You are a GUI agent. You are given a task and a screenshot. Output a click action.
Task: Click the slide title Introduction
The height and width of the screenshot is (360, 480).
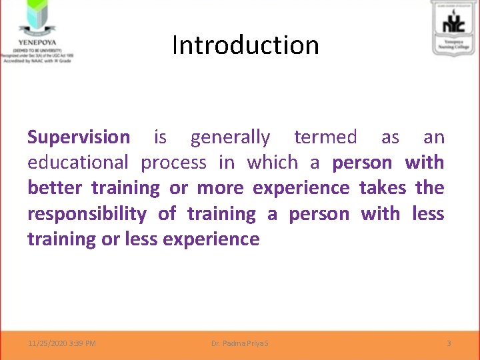pyautogui.click(x=245, y=45)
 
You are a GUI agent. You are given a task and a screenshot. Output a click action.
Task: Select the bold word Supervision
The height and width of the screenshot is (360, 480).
pyautogui.click(x=79, y=137)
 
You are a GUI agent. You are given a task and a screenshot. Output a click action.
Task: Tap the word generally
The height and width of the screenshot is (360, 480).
pyautogui.click(x=230, y=138)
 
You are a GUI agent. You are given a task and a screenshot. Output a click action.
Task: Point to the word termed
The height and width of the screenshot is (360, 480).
pyautogui.click(x=325, y=137)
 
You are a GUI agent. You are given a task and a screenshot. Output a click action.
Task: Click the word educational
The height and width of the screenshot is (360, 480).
pyautogui.click(x=77, y=163)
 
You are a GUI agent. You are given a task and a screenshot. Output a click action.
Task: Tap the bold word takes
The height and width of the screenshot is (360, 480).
pyautogui.click(x=382, y=188)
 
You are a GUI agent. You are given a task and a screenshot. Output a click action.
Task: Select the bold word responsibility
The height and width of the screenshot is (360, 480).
pyautogui.click(x=87, y=214)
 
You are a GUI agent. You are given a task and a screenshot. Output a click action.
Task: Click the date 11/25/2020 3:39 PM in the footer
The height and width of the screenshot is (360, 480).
pyautogui.click(x=62, y=343)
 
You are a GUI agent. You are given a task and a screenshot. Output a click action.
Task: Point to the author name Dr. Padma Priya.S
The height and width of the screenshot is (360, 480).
pyautogui.click(x=240, y=343)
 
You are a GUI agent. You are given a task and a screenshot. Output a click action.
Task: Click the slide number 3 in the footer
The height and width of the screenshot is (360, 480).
pyautogui.click(x=449, y=343)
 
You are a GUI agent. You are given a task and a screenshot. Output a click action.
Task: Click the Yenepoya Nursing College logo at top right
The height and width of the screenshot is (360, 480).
pyautogui.click(x=453, y=27)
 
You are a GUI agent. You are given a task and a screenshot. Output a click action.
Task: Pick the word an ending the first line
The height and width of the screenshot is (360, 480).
pyautogui.click(x=433, y=137)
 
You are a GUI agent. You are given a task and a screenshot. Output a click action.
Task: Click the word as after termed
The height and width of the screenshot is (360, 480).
pyautogui.click(x=390, y=137)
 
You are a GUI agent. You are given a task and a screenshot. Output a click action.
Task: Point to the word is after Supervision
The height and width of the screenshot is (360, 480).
pyautogui.click(x=160, y=137)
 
